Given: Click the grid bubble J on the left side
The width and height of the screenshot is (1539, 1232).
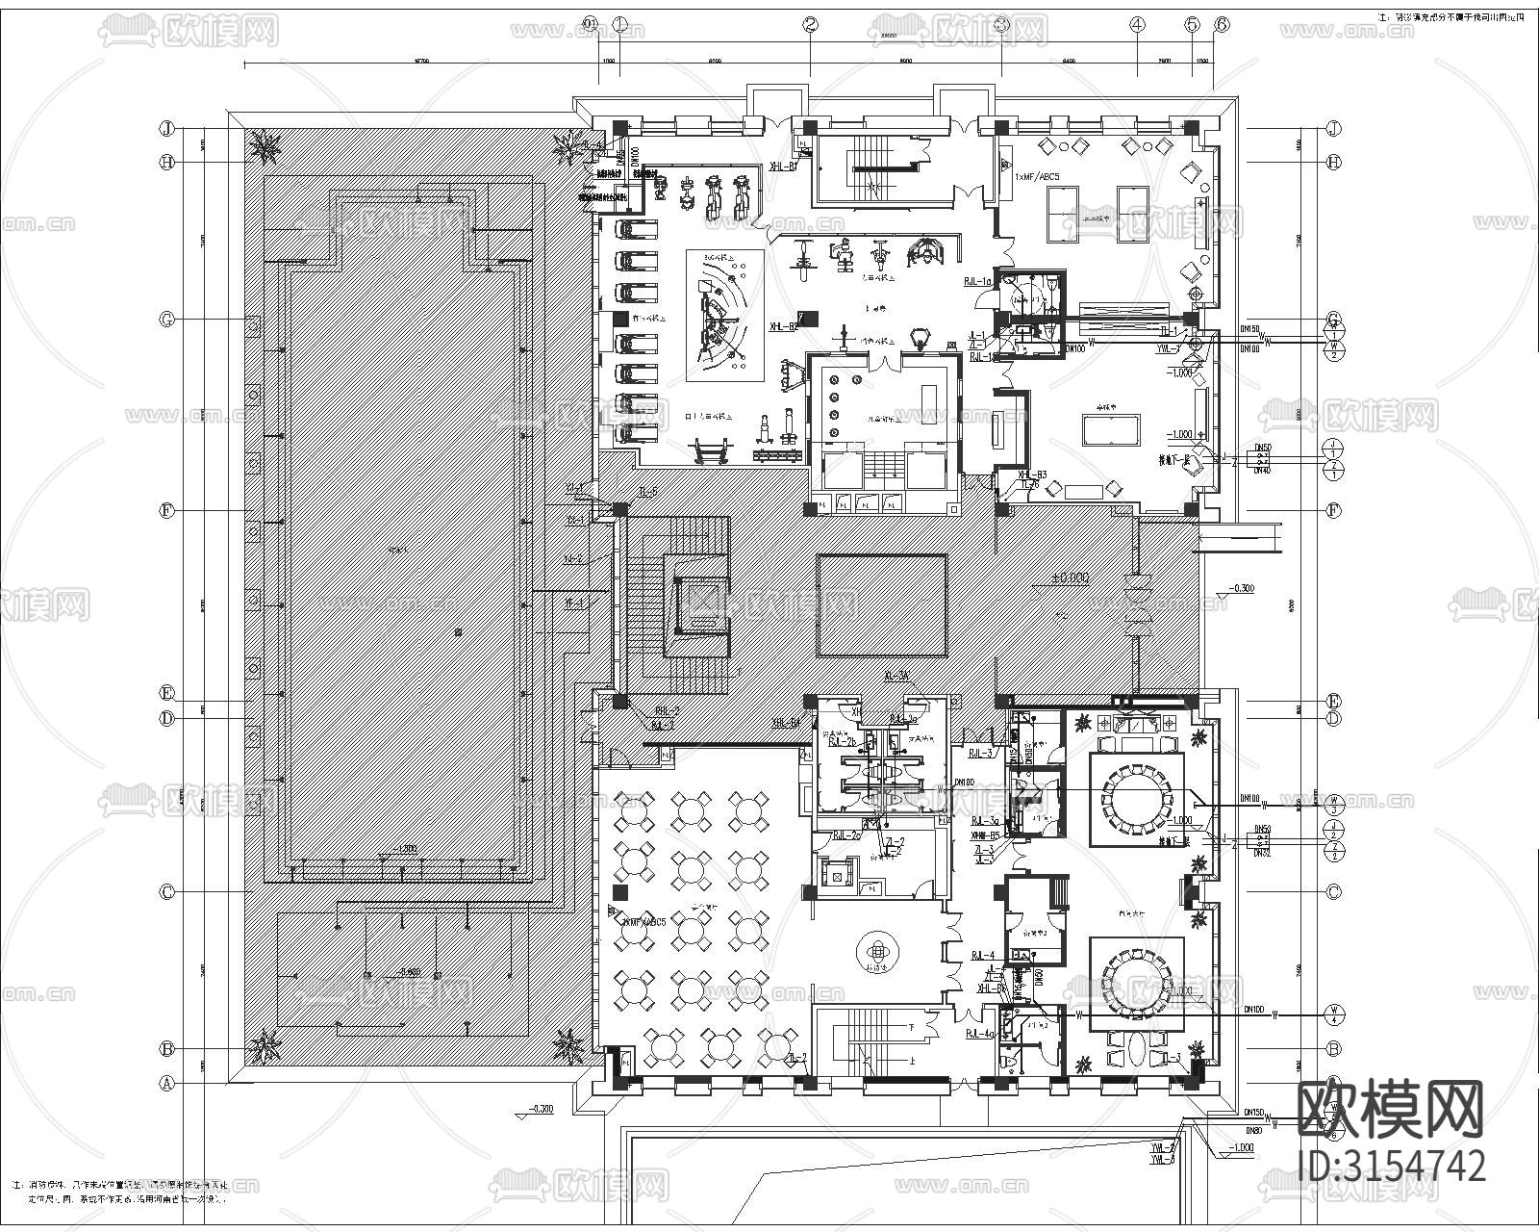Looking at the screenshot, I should click(x=166, y=128).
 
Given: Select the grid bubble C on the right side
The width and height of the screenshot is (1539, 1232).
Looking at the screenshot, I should click(x=1333, y=892).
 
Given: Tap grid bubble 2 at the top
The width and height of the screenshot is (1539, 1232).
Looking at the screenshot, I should click(x=811, y=26).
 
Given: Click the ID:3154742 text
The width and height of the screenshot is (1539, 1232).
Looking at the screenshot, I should click(x=1391, y=1166).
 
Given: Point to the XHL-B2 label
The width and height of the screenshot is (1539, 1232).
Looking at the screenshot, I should click(x=783, y=327).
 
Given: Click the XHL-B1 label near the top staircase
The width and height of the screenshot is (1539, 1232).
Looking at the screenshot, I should click(x=783, y=167).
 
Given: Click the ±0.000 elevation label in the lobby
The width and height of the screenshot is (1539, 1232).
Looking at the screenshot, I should click(x=1069, y=577).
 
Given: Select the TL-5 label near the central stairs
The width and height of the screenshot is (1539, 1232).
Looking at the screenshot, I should click(x=646, y=493).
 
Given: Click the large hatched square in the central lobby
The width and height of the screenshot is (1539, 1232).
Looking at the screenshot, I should click(x=881, y=605).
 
